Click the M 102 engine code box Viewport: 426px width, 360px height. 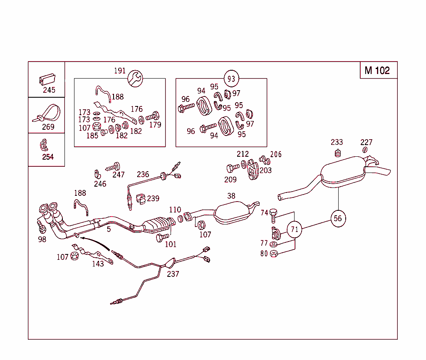click(378, 70)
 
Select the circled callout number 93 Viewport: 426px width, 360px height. click(231, 79)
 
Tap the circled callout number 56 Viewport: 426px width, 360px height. click(338, 218)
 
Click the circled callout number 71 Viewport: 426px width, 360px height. click(295, 229)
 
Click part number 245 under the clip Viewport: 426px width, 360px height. click(49, 90)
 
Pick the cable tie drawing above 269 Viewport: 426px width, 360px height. click(47, 114)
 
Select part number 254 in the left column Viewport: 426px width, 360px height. click(48, 157)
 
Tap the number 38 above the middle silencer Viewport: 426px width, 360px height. click(231, 196)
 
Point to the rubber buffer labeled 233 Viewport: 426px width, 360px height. click(338, 153)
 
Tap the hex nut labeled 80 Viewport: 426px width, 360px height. click(273, 253)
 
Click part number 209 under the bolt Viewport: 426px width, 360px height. click(230, 180)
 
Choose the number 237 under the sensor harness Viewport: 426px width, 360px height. click(173, 274)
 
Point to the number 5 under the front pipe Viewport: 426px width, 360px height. click(109, 229)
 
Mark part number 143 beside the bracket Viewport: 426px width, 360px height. click(98, 264)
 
